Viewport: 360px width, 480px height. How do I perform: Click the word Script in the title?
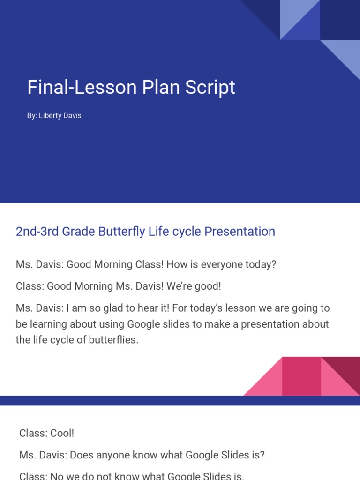213,88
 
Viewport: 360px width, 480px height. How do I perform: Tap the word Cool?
61,433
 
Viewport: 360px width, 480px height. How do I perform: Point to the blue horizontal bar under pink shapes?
180,400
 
